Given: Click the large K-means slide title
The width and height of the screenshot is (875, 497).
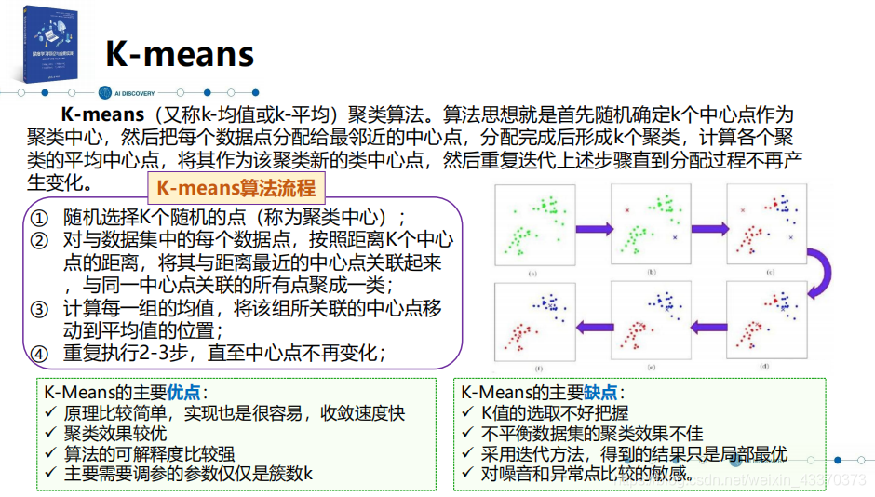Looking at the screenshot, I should click(179, 54).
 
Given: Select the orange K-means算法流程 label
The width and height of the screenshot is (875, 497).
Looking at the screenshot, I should click(236, 187).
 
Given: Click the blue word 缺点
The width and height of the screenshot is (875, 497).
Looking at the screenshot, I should click(601, 393).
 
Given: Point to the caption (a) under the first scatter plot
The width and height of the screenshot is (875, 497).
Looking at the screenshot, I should click(532, 273).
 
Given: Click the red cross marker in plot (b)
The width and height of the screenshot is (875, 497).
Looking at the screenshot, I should click(627, 211).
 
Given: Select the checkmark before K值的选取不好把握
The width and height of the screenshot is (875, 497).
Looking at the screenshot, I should click(468, 413).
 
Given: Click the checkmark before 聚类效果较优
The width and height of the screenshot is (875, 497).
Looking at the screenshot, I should click(51, 433).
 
